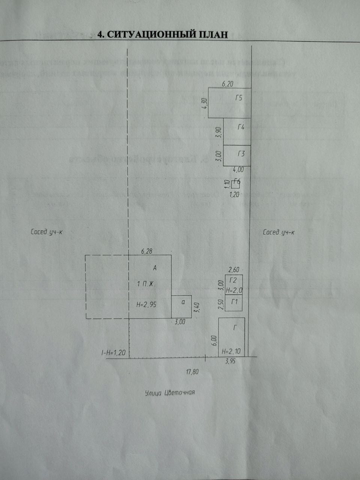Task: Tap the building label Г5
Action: pos(239,98)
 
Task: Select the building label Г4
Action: pos(241,127)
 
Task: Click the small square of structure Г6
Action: pos(235,184)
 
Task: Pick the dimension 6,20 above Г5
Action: pos(228,85)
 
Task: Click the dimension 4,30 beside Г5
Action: pos(204,103)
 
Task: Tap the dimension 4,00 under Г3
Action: pos(238,169)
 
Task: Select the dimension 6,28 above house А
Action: pos(147,251)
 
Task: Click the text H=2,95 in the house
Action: pos(146,305)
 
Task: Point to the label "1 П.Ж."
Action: pos(146,284)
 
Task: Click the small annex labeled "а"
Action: pos(182,307)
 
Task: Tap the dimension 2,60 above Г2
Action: pos(234,270)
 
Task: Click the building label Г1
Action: pos(235,301)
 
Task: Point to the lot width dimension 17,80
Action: pos(192,372)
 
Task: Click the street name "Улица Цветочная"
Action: pos(170,393)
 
